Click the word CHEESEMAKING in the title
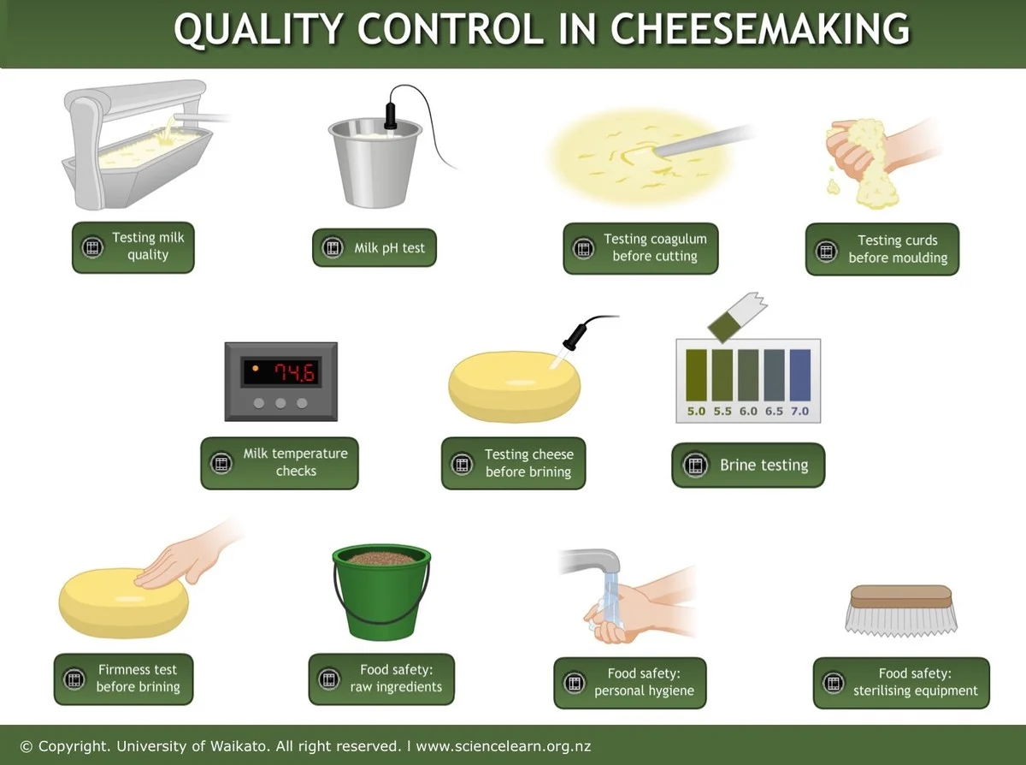click(759, 29)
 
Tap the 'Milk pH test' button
click(374, 248)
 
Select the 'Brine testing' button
click(748, 465)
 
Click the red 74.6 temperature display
click(295, 372)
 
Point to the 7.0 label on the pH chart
click(799, 412)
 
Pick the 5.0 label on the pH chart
click(696, 412)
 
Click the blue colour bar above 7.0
click(800, 375)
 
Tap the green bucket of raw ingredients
click(381, 592)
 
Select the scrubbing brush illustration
click(901, 610)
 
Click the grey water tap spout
click(592, 560)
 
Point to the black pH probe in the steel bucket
click(391, 116)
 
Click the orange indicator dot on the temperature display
click(255, 369)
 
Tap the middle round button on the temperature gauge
click(280, 403)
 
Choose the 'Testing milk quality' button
click(133, 247)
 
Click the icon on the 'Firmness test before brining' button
click(74, 679)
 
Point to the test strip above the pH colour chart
click(737, 317)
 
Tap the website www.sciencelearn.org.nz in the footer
click(504, 746)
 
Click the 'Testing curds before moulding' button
click(882, 249)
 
